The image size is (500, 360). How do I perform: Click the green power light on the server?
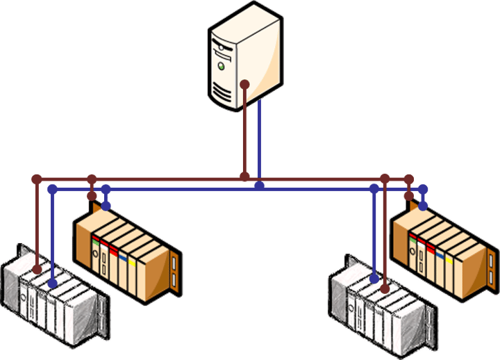221,67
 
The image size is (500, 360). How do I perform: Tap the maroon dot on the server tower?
244,85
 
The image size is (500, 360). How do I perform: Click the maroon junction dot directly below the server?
244,178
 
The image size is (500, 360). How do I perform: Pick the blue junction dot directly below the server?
259,186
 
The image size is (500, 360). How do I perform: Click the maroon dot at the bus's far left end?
37,179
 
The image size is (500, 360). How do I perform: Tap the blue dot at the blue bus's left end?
52,188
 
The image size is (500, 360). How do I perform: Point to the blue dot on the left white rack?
52,284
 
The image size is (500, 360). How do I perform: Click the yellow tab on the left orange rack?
132,263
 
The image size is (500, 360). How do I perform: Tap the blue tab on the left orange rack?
122,258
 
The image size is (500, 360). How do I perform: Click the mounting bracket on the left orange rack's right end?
175,270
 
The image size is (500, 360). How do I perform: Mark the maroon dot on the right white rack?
385,288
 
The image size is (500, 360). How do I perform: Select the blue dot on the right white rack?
374,279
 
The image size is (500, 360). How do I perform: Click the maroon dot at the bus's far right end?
409,179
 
